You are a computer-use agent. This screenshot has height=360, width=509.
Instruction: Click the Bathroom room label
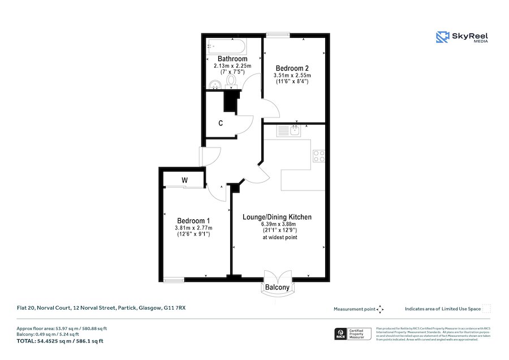click(232, 59)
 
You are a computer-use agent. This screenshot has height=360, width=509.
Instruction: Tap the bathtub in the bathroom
click(225, 46)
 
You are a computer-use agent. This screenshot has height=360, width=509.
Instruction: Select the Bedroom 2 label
click(292, 68)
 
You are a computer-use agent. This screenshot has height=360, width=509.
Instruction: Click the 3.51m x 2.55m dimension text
click(292, 75)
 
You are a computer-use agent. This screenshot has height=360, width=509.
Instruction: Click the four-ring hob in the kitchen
click(319, 155)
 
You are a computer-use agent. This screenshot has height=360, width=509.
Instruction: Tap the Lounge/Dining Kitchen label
click(277, 217)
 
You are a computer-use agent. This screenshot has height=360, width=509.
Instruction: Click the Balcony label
click(277, 288)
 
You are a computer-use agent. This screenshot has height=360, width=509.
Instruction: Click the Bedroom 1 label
click(193, 220)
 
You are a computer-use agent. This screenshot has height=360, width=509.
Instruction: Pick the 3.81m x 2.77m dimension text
click(193, 228)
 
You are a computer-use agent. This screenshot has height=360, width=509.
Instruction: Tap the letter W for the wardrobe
click(184, 180)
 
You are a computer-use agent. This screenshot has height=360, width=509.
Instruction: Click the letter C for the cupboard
click(220, 123)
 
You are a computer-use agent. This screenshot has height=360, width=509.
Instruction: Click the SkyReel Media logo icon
click(442, 37)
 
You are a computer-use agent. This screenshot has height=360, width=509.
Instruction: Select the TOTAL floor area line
click(60, 341)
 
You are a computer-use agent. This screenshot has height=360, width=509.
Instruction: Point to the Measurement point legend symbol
click(380, 309)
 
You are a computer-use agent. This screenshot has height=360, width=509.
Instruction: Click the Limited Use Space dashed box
click(486, 309)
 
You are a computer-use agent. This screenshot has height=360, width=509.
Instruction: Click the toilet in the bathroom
click(231, 81)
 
